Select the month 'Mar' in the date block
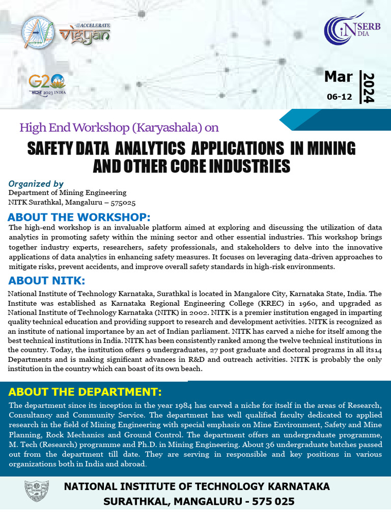point(338,77)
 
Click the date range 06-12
point(339,97)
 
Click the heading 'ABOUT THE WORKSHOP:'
point(79,217)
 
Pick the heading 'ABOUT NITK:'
point(46,281)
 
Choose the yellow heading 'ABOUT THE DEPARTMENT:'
point(85,392)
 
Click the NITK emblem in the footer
point(37,493)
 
